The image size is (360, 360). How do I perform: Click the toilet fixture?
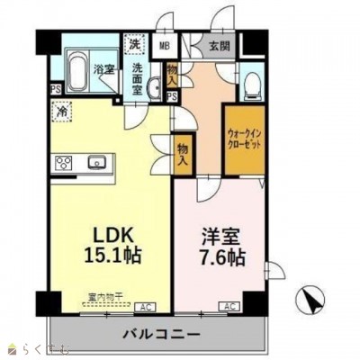(x=252, y=84)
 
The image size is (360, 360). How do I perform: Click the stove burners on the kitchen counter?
(x=65, y=163)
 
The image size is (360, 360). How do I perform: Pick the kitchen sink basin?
(x=97, y=163)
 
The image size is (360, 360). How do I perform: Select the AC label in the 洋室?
(x=228, y=306)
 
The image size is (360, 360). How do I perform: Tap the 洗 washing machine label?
(x=133, y=43)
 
